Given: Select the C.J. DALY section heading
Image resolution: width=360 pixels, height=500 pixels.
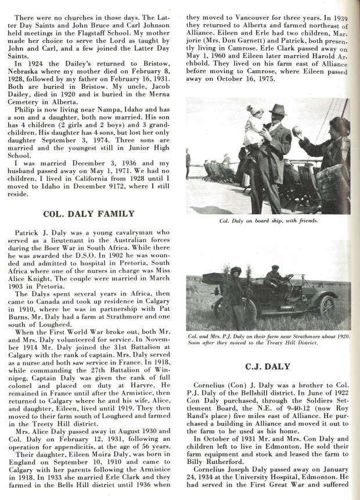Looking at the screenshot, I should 271,366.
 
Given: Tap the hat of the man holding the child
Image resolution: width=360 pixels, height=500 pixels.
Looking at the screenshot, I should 278,110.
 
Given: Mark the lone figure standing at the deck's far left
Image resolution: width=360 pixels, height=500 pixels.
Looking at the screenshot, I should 188,164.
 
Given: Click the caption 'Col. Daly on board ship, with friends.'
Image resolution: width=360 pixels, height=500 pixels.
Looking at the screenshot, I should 271,221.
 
